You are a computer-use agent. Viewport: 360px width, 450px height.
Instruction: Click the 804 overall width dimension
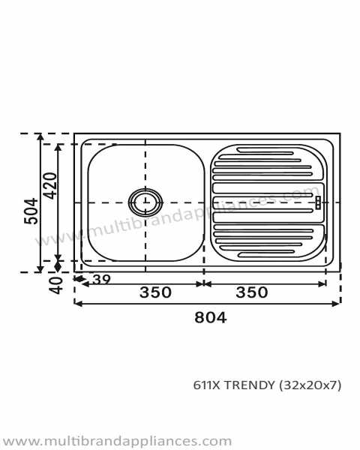coord(211,318)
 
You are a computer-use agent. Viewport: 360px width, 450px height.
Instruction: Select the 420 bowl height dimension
coord(50,186)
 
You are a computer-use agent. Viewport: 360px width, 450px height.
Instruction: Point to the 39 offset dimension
coord(102,280)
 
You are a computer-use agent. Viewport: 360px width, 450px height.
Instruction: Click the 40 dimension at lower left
coord(55,285)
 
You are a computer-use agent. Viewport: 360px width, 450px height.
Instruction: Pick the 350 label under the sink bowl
coord(155,292)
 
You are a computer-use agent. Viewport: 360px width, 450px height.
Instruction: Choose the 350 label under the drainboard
coord(252,292)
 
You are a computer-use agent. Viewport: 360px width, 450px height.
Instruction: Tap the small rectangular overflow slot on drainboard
coord(318,202)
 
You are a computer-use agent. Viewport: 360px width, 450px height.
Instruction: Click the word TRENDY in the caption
coord(249,385)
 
